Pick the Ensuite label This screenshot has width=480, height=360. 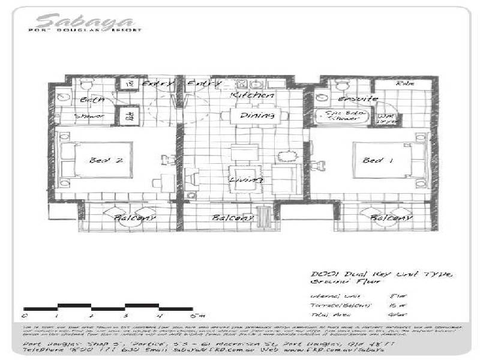(x=358, y=98)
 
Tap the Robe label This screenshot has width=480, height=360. (x=404, y=84)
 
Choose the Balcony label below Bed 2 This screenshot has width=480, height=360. (x=135, y=218)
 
